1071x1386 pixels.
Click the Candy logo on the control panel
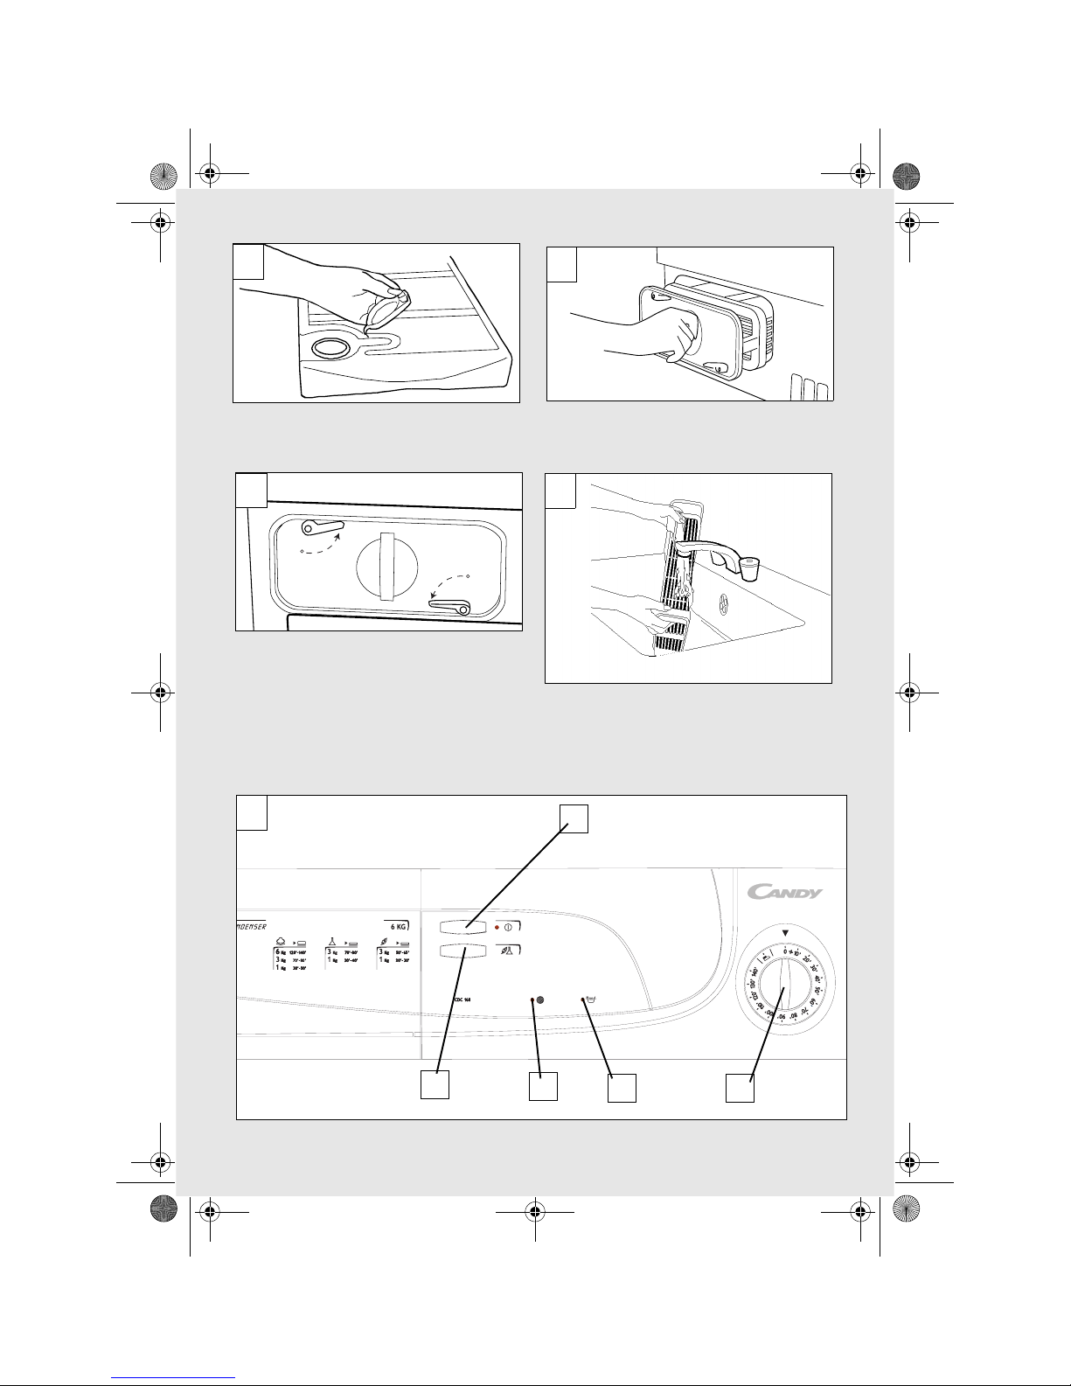tap(784, 893)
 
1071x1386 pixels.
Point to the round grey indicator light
tap(539, 999)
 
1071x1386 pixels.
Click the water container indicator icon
tap(591, 999)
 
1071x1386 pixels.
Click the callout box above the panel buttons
tap(574, 818)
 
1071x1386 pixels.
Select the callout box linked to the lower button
tap(435, 1084)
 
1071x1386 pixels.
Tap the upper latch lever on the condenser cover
tap(322, 527)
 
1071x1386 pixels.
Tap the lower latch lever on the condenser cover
tap(450, 605)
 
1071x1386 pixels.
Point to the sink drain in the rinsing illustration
tap(723, 603)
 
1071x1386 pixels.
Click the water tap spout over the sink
tap(749, 569)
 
